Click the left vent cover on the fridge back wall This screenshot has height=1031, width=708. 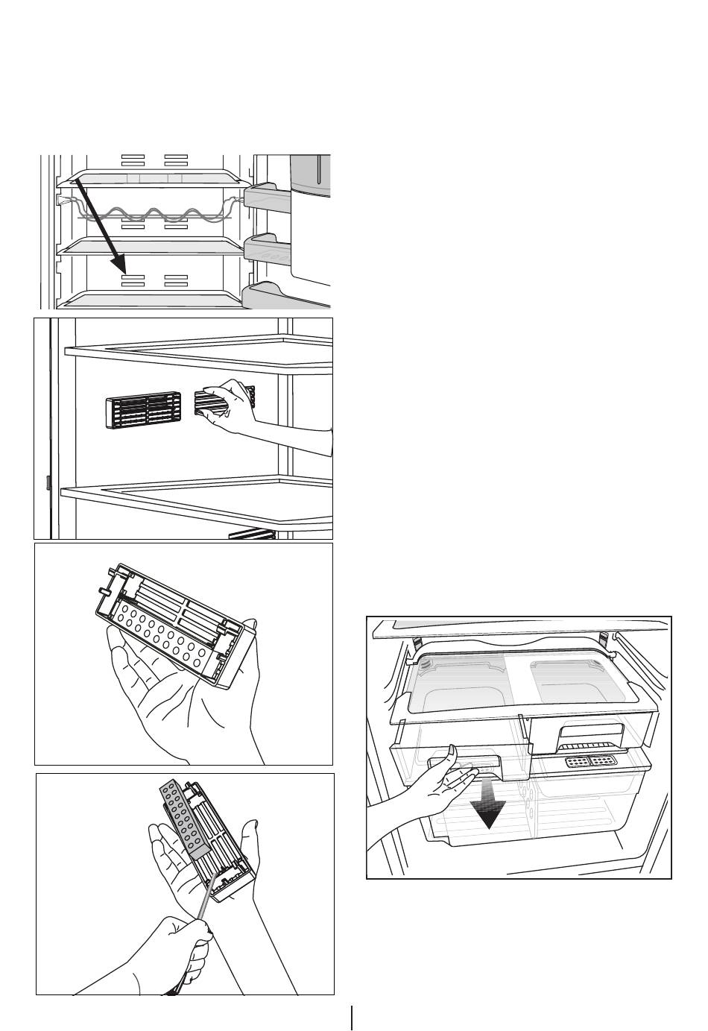point(143,409)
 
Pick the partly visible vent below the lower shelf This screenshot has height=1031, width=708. point(253,533)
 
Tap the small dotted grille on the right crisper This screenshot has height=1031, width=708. point(590,762)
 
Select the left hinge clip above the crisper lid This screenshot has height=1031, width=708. point(438,642)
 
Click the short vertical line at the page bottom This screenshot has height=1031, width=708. point(351,1018)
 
